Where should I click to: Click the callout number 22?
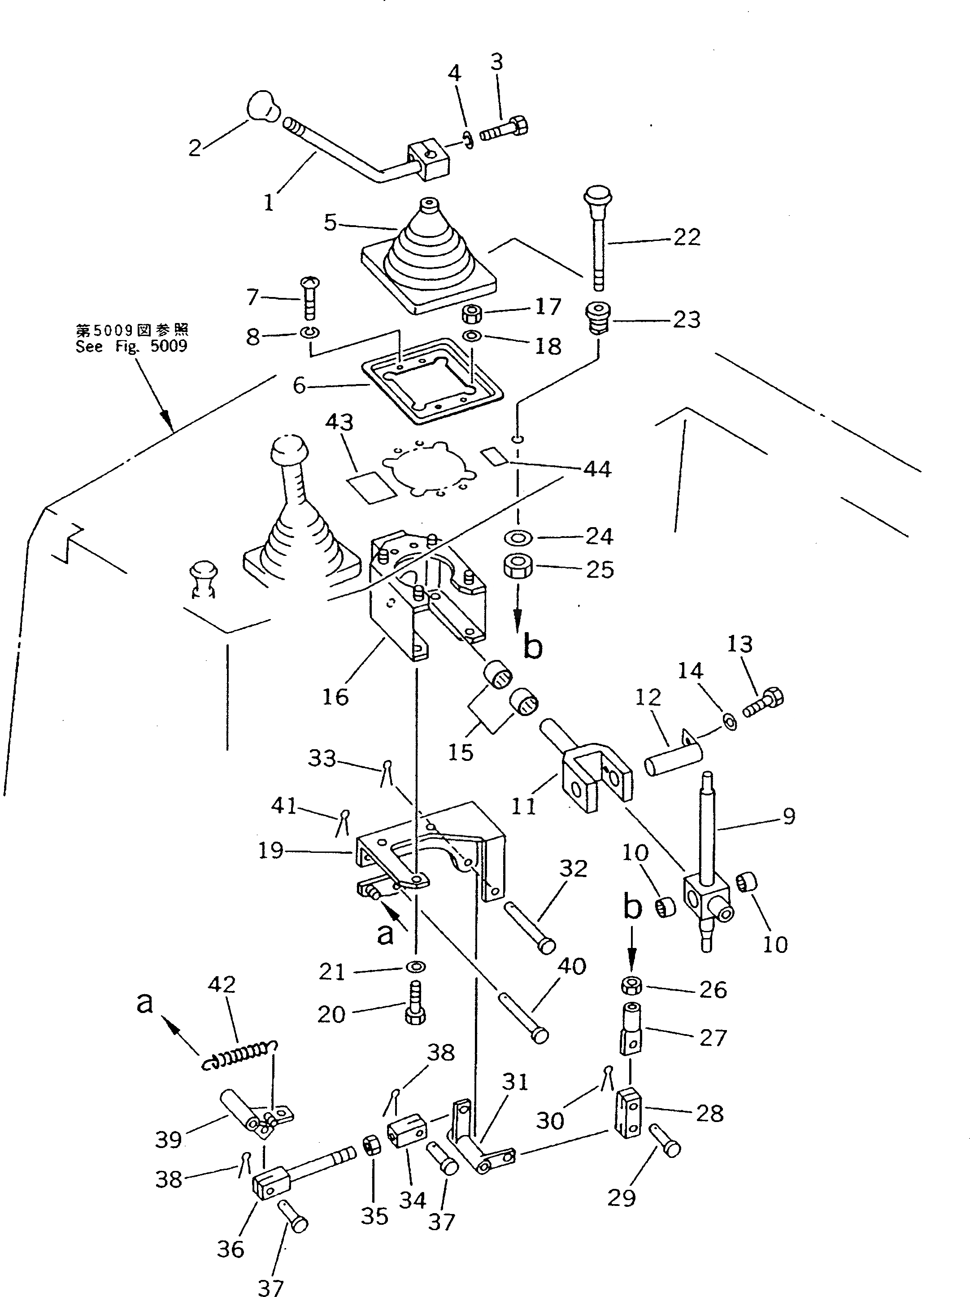click(x=687, y=237)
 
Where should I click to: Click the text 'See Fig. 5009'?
click(x=131, y=346)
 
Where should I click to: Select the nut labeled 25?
click(x=518, y=567)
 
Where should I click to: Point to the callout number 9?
click(x=788, y=816)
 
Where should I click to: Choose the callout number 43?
click(x=340, y=422)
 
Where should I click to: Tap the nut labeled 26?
click(x=631, y=986)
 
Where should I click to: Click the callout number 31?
click(x=515, y=1082)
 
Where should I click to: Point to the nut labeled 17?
click(x=472, y=314)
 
